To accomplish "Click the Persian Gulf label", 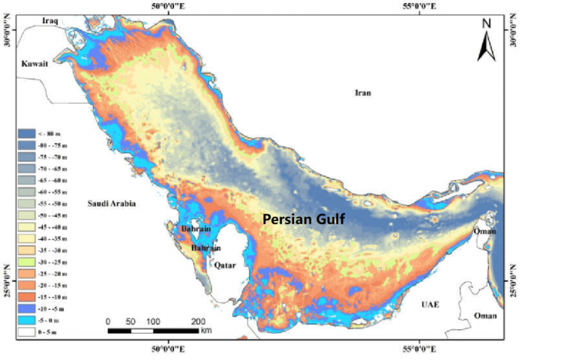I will tap(303, 219).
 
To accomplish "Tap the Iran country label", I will tap(363, 93).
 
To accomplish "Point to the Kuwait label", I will tap(34, 64).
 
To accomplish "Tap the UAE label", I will tap(430, 304).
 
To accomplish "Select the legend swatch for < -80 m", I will tap(28, 133).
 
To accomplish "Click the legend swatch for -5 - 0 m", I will tap(28, 318).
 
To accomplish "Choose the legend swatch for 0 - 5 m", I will tap(28, 329).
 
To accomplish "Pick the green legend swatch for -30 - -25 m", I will tap(28, 262).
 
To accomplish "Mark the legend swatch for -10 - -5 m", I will tap(28, 307).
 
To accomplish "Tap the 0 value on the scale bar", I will tap(108, 321).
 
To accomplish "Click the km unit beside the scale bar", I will tap(206, 330).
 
